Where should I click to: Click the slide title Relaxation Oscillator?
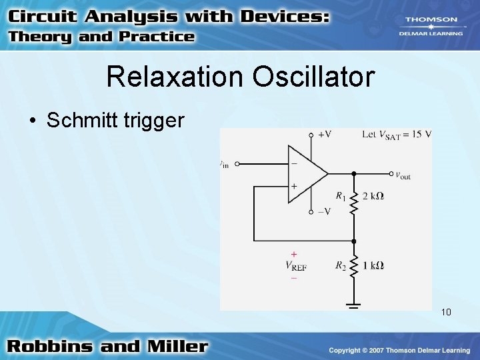tap(240, 77)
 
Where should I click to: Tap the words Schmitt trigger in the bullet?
tap(115, 120)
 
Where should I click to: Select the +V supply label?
tap(324, 134)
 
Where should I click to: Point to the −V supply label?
tap(323, 211)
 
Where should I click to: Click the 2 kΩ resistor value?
tap(373, 196)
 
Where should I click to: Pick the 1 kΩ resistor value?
tap(373, 265)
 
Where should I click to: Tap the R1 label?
tap(341, 196)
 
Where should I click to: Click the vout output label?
tap(403, 175)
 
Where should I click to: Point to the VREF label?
tap(295, 266)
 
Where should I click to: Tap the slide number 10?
tap(446, 311)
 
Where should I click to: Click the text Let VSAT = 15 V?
tap(397, 134)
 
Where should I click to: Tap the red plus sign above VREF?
tap(294, 254)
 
